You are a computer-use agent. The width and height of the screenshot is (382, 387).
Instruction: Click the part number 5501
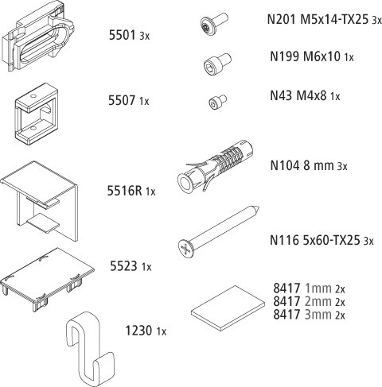tap(122, 35)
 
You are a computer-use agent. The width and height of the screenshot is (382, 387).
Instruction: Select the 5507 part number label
tap(122, 100)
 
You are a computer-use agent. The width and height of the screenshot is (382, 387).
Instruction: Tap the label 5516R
tap(124, 191)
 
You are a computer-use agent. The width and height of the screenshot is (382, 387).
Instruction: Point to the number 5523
tap(123, 266)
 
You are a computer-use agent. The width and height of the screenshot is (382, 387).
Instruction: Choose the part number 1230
tap(138, 331)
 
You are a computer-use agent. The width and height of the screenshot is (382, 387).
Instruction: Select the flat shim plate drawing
tap(228, 308)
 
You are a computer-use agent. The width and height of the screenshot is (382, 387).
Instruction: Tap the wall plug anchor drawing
tap(215, 165)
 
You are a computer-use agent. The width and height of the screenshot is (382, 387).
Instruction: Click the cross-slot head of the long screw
tap(187, 249)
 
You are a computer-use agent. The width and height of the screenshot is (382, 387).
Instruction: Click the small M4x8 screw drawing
tap(218, 102)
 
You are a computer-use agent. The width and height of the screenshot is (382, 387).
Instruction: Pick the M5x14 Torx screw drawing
tap(214, 23)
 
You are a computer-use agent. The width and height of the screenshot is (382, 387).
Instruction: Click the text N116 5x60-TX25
tap(315, 240)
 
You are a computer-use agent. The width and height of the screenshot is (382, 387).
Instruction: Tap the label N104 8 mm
tap(302, 165)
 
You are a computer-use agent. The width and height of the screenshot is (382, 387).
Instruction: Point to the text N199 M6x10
tap(305, 56)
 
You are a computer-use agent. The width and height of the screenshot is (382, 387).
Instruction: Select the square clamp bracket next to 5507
tap(37, 114)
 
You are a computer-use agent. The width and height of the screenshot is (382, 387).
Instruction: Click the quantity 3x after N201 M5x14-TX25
tap(376, 20)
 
